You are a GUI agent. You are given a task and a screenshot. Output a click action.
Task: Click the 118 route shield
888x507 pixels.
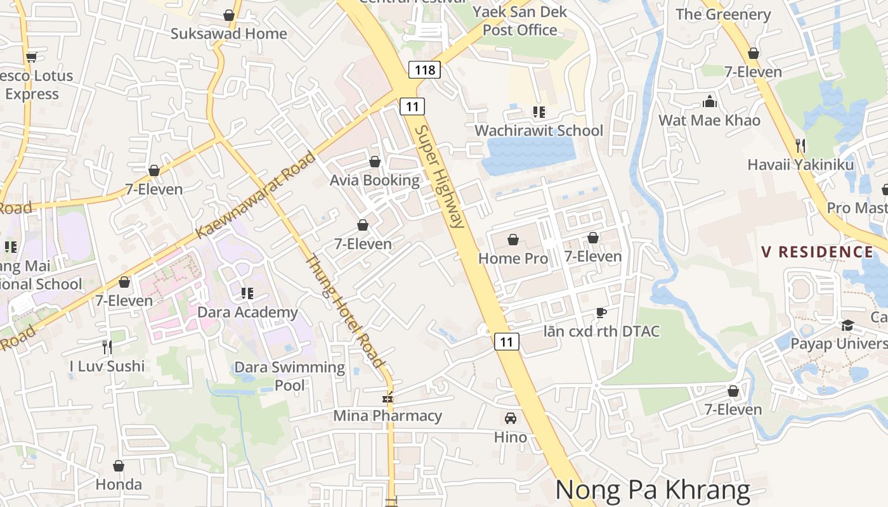pos(424,70)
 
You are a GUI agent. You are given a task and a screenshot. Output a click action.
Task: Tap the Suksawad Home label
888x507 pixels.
pos(228,34)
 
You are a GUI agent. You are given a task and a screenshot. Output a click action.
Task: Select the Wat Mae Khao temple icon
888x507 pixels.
pos(709,101)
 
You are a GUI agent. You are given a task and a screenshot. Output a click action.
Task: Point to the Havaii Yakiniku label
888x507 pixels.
pos(800,165)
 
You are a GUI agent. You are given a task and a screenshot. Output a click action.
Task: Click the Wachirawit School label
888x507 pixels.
pos(539,131)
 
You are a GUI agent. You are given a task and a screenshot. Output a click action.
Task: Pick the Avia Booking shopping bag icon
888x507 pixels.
pos(375,162)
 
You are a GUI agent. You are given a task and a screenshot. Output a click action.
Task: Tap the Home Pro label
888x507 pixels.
pos(513,258)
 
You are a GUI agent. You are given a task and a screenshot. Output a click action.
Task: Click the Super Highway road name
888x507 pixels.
pos(440,176)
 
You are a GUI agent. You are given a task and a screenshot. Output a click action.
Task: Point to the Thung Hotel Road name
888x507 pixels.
pos(346,311)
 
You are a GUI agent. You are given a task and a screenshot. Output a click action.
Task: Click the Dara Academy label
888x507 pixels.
pos(247,312)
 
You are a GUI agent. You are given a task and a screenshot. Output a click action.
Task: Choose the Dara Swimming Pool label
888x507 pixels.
pos(289,376)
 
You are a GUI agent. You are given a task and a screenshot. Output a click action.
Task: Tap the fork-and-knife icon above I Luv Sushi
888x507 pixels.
pos(107,347)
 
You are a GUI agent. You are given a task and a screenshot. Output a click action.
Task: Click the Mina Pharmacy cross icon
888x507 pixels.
pos(387,399)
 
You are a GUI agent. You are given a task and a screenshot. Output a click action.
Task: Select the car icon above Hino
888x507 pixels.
pos(510,418)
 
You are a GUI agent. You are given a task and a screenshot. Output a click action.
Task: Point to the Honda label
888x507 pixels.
pos(119,485)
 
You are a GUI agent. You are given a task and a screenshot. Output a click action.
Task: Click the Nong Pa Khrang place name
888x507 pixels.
pos(652,490)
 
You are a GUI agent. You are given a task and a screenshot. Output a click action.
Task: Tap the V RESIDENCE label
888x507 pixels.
pos(817,252)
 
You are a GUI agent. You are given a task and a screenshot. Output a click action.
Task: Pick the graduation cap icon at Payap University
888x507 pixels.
pos(847,325)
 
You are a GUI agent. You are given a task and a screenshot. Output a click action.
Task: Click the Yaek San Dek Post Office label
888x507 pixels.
pos(519,21)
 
